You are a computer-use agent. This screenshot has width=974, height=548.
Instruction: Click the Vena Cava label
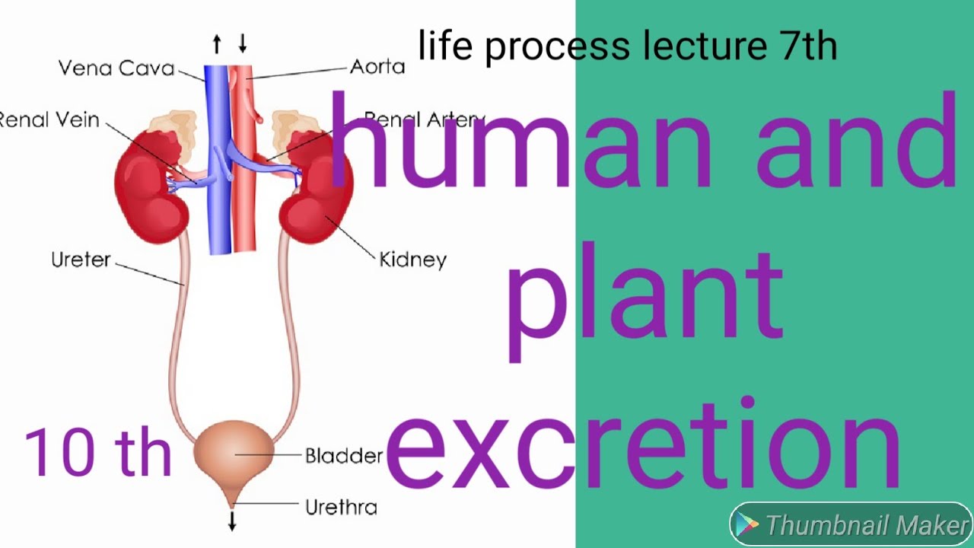tap(116, 68)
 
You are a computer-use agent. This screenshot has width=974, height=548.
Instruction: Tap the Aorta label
tap(377, 67)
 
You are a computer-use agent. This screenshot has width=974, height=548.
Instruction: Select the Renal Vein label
tap(49, 119)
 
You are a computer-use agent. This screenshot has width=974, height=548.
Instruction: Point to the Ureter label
tap(81, 260)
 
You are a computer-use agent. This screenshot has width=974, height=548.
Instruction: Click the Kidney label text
tap(412, 260)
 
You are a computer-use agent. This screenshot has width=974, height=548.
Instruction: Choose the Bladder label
tap(343, 456)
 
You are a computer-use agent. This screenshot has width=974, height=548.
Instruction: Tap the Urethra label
tap(341, 507)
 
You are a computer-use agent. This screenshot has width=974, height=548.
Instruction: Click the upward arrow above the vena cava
tap(217, 45)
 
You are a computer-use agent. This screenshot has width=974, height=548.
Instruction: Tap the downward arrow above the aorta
tap(243, 44)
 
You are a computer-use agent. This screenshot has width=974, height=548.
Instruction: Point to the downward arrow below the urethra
tap(233, 521)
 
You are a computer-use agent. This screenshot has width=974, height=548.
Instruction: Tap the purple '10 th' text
tap(98, 451)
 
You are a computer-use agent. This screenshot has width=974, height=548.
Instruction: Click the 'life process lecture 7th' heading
tap(627, 46)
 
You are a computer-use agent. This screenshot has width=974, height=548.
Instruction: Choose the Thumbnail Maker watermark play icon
tap(748, 525)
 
